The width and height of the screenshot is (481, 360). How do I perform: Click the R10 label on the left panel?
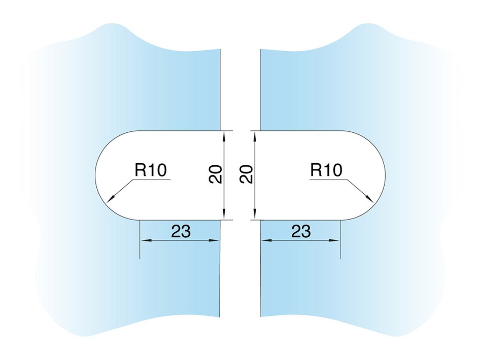click(151, 170)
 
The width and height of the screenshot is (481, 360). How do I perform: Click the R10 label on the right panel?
click(326, 170)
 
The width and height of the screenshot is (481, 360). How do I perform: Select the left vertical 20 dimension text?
click(215, 174)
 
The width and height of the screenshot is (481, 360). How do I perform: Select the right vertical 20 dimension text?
click(246, 174)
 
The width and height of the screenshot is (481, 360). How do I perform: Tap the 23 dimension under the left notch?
click(181, 231)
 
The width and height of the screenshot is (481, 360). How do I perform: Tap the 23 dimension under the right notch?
click(301, 231)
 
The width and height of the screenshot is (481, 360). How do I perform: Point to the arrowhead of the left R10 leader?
click(110, 199)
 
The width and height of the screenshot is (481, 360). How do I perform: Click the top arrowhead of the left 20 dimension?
click(224, 135)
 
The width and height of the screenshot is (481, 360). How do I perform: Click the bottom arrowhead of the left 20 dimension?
click(224, 215)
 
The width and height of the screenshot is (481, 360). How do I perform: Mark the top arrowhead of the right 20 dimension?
click(254, 135)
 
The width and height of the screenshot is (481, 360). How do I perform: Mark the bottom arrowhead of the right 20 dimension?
click(254, 215)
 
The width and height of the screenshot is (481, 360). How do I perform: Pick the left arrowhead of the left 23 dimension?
click(145, 240)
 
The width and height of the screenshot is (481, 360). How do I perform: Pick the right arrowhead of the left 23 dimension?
click(214, 240)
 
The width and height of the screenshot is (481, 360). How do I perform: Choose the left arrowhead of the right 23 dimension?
click(266, 240)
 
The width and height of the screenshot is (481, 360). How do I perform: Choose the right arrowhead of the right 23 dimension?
click(334, 240)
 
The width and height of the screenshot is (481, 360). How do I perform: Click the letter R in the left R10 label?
click(140, 170)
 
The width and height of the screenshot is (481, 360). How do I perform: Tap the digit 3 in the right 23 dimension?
click(306, 231)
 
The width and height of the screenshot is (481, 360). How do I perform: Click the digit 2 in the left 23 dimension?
click(176, 231)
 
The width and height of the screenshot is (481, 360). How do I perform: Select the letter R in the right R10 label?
click(316, 170)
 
